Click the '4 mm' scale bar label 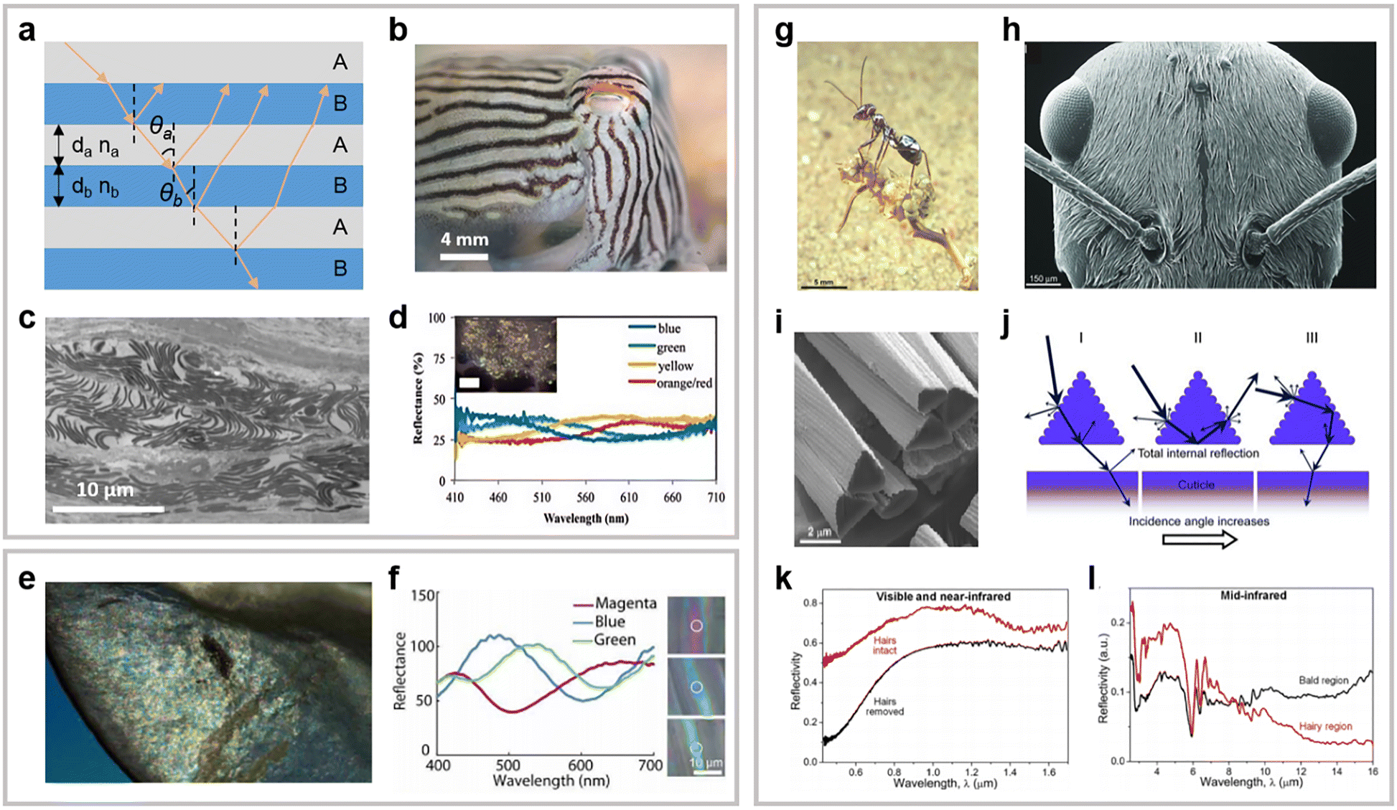pos(464,240)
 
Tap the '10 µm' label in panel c pos(105,490)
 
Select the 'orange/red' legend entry pos(684,383)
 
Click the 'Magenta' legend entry pos(625,603)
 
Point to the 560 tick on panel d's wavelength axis pos(585,497)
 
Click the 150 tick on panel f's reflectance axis pos(423,595)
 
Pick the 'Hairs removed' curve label pos(884,707)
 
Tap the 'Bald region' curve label pos(1323,680)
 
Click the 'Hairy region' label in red pos(1325,726)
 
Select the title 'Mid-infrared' pos(1253,595)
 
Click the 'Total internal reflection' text pos(1198,453)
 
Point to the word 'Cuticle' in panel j pos(1196,485)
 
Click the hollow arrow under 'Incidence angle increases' pos(1199,540)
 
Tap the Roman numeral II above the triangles pos(1197,338)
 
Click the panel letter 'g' pos(784,32)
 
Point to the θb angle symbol pos(170,193)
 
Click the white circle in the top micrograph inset pos(696,626)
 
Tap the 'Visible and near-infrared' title pos(943,597)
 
